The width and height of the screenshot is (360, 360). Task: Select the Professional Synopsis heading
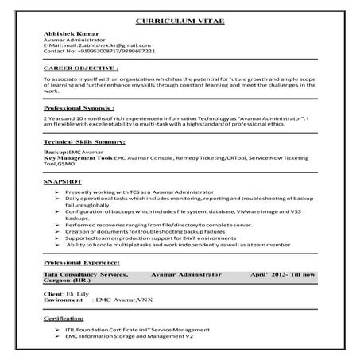[83, 107]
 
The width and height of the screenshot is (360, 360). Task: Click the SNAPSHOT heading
[64, 182]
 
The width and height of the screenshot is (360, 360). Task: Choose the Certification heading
[64, 317]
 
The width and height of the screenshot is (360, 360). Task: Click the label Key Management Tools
[79, 158]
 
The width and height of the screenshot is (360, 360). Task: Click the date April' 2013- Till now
[283, 274]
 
